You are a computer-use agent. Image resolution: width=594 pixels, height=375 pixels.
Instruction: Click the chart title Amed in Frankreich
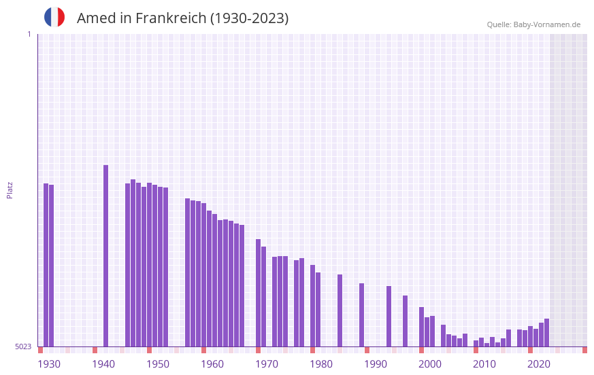pos(182,18)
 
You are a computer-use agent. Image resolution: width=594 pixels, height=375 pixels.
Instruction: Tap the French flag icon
pos(54,17)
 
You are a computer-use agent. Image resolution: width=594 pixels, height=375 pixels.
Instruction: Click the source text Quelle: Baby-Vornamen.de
pos(533,24)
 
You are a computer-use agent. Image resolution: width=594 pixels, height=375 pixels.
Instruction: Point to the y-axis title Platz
pos(10,190)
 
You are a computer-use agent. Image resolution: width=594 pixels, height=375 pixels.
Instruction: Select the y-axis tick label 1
pos(29,34)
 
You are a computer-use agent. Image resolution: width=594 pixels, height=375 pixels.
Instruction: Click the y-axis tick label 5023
pos(24,346)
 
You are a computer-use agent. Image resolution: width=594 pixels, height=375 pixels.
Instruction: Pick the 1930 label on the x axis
pos(49,364)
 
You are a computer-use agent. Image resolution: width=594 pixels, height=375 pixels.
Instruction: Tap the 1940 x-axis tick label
pos(103,364)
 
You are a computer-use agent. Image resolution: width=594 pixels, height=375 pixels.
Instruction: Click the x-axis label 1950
pos(158,364)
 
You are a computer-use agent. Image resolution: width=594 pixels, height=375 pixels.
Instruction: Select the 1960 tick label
pos(212,364)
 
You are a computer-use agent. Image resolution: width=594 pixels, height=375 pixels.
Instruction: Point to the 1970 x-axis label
pos(267,364)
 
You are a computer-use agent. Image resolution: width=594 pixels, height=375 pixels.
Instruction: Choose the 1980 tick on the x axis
pos(321,364)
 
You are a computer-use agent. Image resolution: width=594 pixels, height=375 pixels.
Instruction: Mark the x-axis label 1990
pos(376,364)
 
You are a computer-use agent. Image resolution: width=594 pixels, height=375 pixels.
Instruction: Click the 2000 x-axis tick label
pos(430,364)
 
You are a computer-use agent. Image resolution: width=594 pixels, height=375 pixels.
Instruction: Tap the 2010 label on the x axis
pos(484,364)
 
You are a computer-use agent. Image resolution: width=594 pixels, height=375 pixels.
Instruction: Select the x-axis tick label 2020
pos(539,364)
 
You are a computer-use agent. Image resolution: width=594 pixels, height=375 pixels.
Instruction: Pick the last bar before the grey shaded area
pos(546,332)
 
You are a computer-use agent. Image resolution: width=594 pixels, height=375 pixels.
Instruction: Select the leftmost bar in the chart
pos(46,265)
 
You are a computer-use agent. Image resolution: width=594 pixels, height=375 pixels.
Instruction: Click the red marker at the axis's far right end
pos(584,350)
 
